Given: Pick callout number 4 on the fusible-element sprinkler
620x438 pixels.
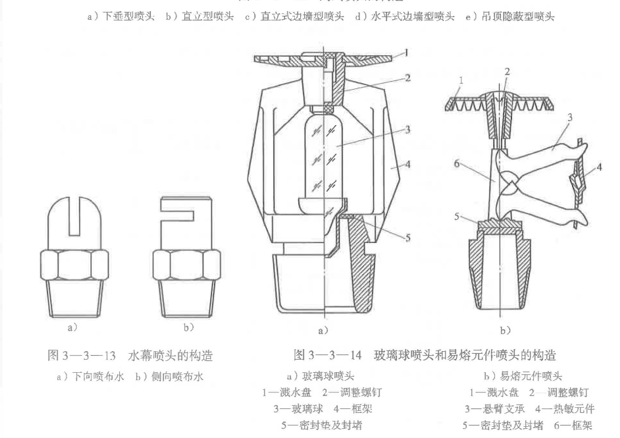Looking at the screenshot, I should click(598, 169).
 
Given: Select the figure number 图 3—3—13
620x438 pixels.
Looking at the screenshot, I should click(78, 356).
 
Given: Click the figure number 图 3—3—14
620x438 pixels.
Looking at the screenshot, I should click(327, 356).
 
